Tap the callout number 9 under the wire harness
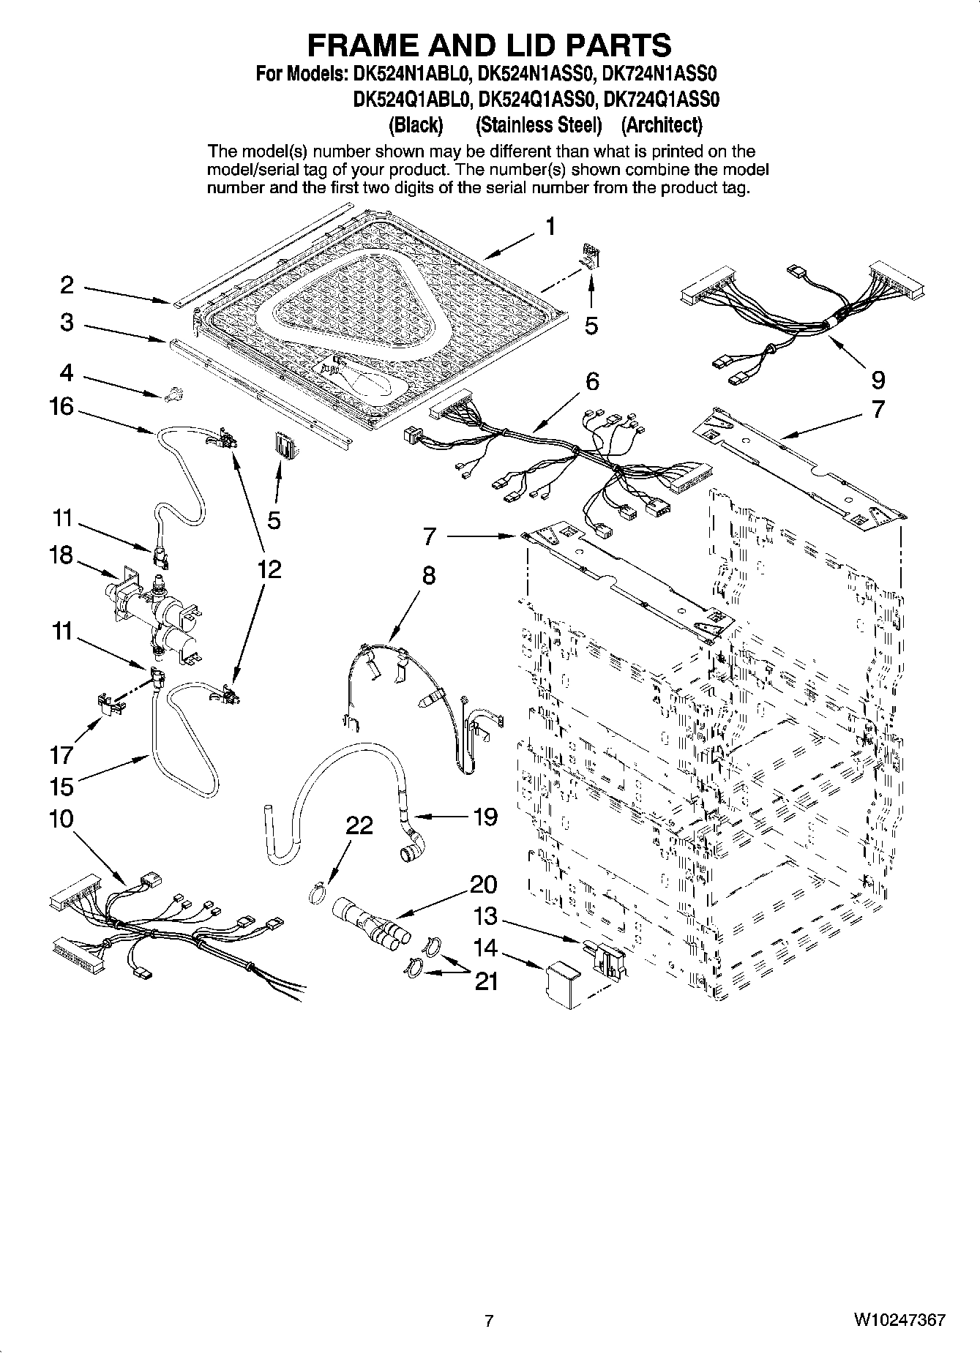[x=878, y=379]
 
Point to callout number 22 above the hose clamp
[x=359, y=825]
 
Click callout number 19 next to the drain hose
[x=485, y=816]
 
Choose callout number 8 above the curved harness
[x=428, y=575]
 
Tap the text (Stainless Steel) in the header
[x=538, y=125]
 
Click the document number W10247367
[x=899, y=1321]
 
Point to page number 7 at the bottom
[x=490, y=1321]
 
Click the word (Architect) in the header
[x=662, y=125]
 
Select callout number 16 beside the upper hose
[x=61, y=406]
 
